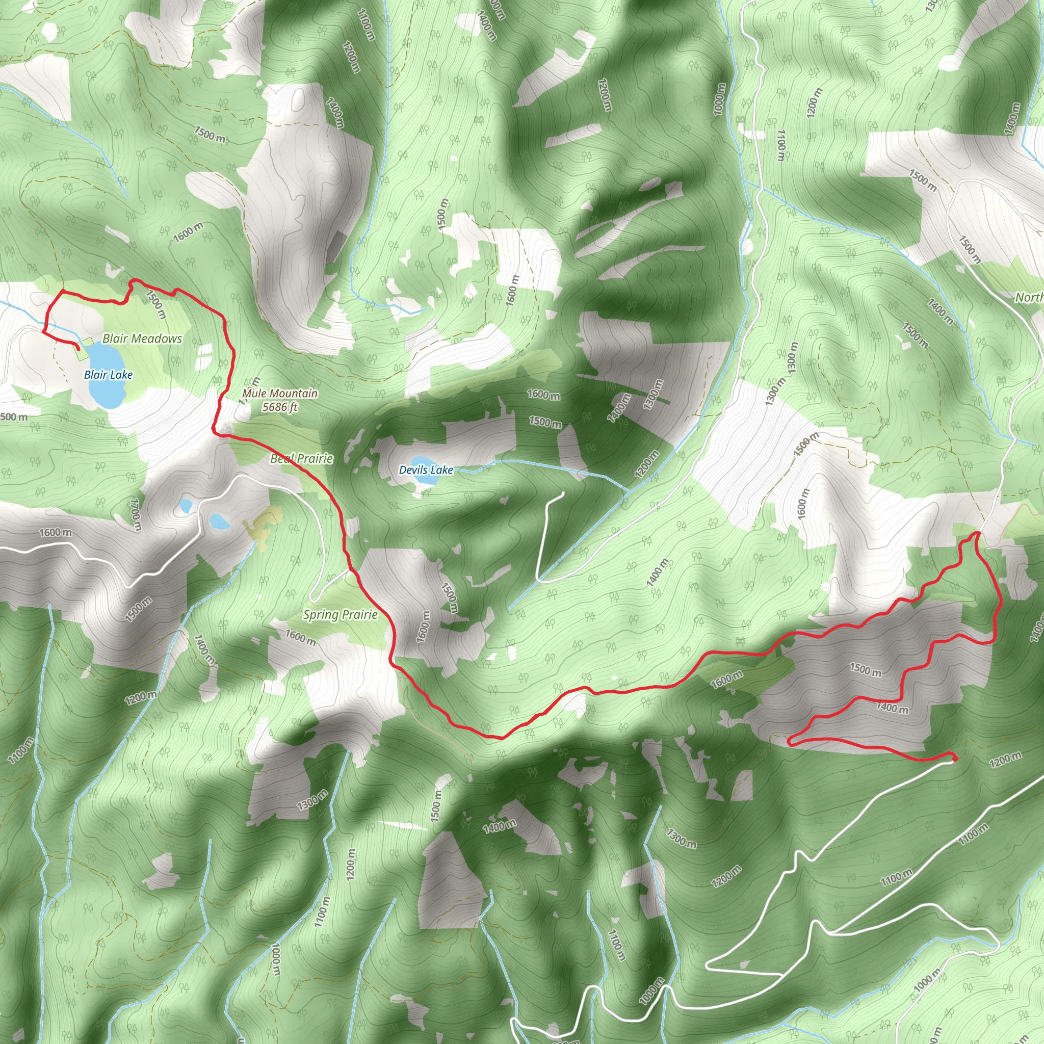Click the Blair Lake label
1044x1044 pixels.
108,375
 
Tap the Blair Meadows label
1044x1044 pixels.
142,339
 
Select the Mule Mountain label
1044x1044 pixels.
279,394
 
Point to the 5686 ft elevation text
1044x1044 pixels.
280,407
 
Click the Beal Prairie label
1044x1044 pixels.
302,459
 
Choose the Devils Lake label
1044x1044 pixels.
426,470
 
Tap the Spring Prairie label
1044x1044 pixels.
340,614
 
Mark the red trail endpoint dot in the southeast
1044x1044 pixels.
954,759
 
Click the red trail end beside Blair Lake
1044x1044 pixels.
79,349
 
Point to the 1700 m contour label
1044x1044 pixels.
136,514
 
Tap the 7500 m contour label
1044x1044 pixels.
210,135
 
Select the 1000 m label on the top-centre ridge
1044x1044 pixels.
719,99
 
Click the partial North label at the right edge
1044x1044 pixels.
1029,297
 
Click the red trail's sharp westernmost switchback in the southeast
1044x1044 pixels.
791,742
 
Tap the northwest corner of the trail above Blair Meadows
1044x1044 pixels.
63,291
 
